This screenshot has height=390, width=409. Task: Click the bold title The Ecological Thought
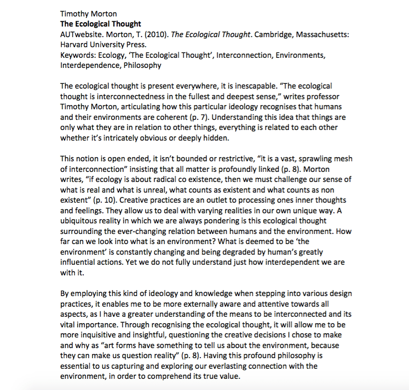click(101, 24)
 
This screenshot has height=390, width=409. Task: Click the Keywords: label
click(78, 55)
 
